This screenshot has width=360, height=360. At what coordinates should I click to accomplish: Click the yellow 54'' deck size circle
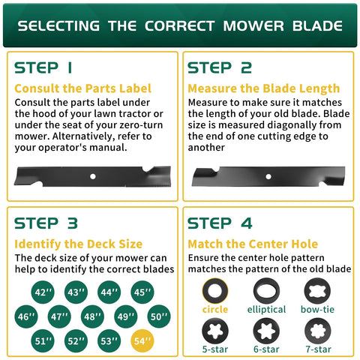click(x=142, y=340)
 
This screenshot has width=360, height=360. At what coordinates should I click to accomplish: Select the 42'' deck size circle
click(x=43, y=292)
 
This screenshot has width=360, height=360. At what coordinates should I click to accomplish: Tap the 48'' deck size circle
click(x=92, y=316)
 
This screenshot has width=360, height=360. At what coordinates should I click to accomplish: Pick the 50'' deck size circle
click(x=159, y=316)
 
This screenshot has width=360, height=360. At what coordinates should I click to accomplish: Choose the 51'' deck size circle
click(x=43, y=340)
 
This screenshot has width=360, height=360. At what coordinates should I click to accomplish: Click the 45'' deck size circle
click(x=142, y=292)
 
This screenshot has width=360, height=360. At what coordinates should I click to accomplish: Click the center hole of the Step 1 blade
click(x=93, y=176)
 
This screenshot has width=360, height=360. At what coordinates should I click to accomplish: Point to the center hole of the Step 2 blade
click(x=268, y=176)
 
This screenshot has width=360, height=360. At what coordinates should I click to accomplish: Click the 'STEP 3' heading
click(x=46, y=223)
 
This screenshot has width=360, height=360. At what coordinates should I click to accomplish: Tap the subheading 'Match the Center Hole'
click(x=253, y=244)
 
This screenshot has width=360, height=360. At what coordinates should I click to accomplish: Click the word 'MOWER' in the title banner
click(x=253, y=25)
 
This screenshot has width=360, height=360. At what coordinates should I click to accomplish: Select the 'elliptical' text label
click(x=266, y=310)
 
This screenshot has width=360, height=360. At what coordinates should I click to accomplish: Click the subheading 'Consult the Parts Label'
click(x=82, y=88)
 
